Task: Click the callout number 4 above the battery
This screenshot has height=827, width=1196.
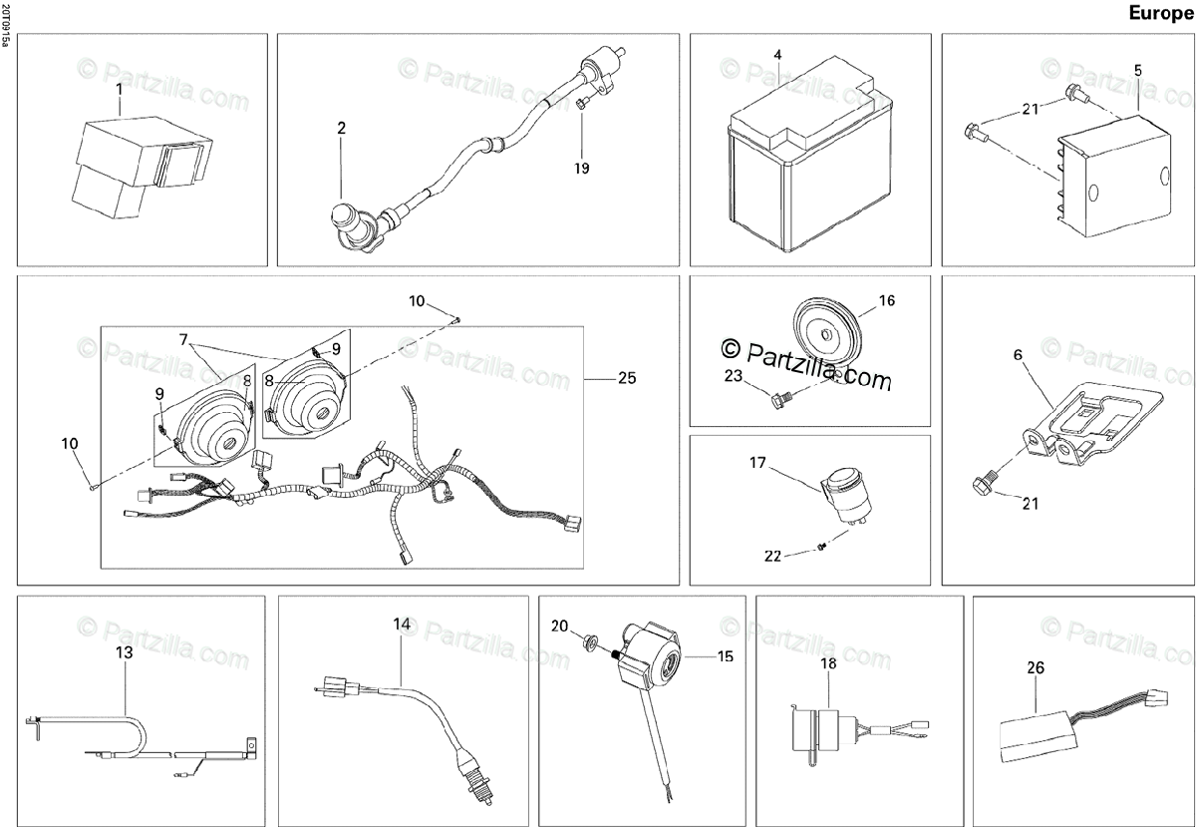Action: (777, 54)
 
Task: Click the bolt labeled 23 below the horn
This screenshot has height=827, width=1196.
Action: (779, 400)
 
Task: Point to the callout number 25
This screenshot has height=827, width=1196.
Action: (626, 378)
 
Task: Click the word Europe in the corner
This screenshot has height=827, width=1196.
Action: (1160, 13)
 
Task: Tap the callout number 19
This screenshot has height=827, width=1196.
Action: (581, 168)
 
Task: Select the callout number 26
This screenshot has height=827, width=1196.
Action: (1036, 668)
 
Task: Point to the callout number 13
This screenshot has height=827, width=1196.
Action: (124, 653)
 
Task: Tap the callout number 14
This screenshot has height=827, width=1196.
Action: (401, 624)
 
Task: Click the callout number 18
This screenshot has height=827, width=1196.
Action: (828, 663)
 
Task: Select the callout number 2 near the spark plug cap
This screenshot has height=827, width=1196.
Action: (341, 128)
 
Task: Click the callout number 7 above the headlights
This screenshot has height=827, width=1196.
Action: (184, 339)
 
